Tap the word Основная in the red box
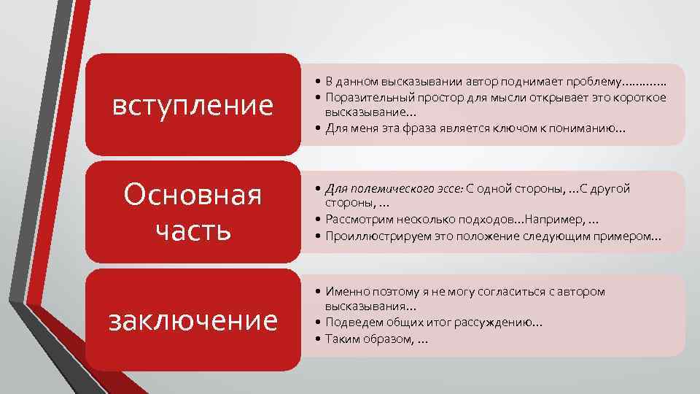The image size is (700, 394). click(192, 196)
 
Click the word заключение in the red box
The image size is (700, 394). click(193, 320)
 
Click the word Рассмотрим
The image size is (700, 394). click(357, 220)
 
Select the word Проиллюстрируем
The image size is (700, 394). click(372, 236)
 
